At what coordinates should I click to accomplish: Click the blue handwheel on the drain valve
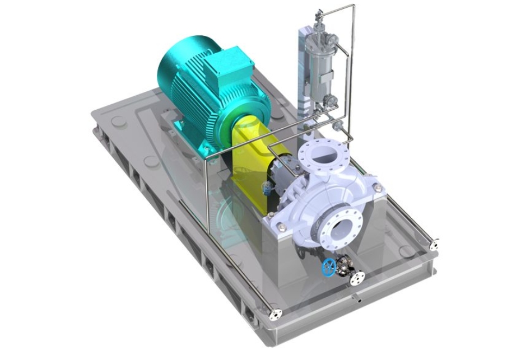point(329,267)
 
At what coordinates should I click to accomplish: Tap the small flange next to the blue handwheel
point(357,276)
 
